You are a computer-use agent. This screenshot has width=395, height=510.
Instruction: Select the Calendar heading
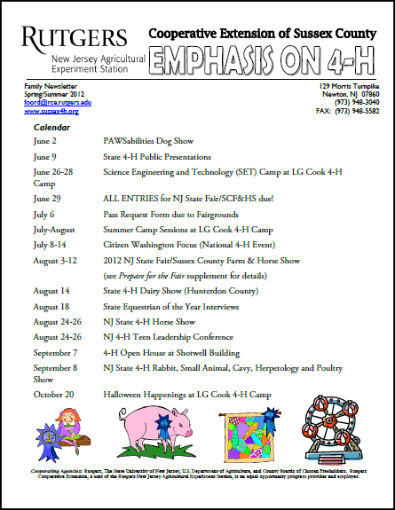(x=52, y=128)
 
